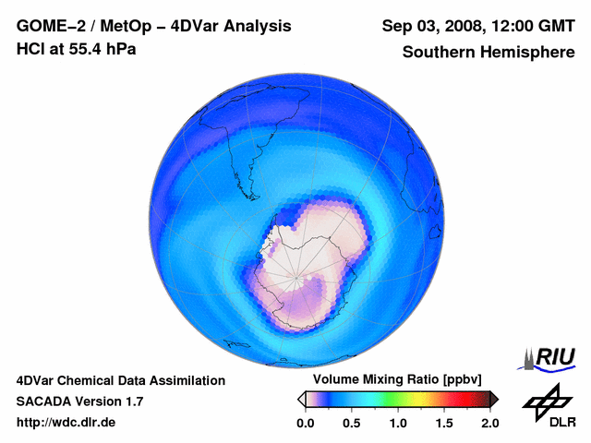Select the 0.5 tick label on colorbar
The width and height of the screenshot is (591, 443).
pos(352,423)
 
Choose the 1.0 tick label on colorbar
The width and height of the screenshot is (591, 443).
pos(398,423)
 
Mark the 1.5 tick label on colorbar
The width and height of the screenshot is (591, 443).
pos(444,423)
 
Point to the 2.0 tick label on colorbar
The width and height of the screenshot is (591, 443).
pos(489,423)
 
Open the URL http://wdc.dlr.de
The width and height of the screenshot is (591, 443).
pos(66,423)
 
